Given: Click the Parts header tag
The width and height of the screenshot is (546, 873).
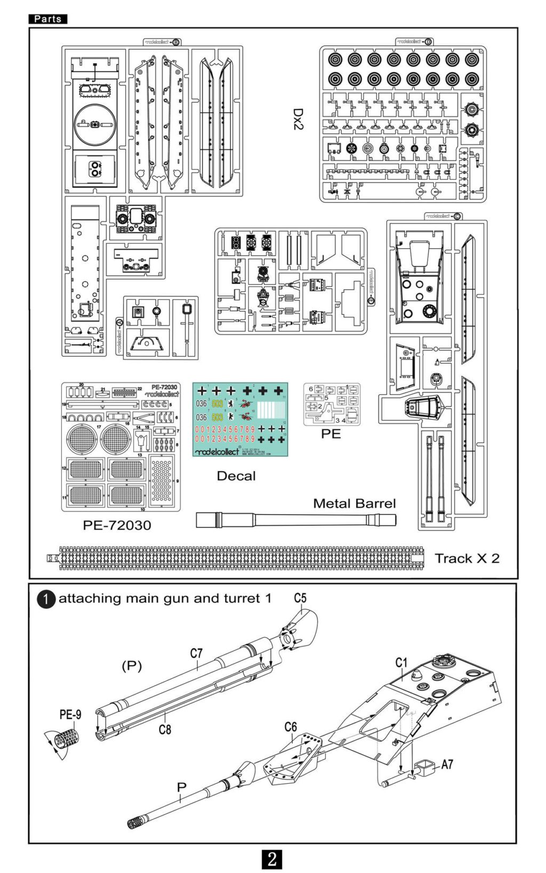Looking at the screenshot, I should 47,19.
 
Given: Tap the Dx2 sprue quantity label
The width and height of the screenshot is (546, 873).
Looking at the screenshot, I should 298,119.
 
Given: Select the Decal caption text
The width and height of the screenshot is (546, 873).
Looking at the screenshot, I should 236,476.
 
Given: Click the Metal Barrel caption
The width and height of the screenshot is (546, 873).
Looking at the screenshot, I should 354,503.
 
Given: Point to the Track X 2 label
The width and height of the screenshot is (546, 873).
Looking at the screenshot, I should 467,558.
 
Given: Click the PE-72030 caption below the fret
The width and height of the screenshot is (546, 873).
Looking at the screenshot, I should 117,525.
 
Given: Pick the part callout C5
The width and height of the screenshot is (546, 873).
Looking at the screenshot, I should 300,598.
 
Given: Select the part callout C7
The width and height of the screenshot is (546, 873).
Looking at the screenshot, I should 196,653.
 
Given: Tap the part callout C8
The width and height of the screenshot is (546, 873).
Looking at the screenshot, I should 165,729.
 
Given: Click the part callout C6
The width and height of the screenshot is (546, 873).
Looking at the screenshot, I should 290,727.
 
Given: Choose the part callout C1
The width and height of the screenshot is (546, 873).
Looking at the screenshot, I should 401,663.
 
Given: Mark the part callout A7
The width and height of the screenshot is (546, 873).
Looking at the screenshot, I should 447,764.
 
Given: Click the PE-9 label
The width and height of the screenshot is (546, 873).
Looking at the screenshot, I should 70,715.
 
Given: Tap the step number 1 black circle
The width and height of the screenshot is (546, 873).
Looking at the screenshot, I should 46,599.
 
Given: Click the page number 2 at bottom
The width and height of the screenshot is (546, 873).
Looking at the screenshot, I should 272,859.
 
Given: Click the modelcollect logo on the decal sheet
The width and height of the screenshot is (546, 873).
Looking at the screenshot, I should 217,452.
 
